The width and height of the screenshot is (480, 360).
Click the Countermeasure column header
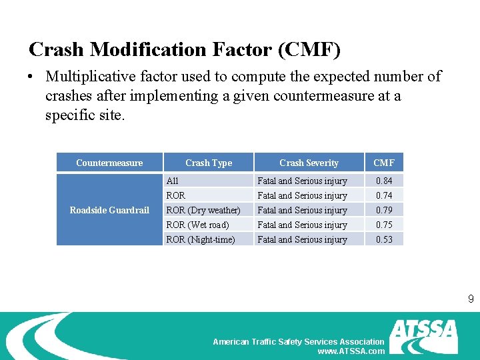point(109,163)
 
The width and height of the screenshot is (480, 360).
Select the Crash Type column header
point(209,163)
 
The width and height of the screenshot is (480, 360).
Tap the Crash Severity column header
point(309,163)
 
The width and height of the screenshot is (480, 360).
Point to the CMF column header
point(384,163)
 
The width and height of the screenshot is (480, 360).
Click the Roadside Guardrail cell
point(109,210)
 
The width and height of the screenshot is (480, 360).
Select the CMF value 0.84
point(384,181)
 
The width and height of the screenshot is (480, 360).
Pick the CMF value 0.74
point(384,195)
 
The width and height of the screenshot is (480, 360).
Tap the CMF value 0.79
point(384,210)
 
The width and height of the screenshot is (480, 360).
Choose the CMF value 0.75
point(384,225)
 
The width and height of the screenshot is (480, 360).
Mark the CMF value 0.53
point(384,239)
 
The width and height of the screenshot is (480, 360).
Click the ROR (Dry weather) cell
point(203,210)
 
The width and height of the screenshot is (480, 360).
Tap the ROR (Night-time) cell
point(201,239)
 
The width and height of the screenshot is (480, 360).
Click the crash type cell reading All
point(173,181)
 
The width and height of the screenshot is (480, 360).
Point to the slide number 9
point(471,299)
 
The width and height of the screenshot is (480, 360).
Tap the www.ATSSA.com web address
point(351,351)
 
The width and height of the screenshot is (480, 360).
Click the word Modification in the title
point(154,50)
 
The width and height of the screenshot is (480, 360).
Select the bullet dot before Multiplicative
point(32,77)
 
